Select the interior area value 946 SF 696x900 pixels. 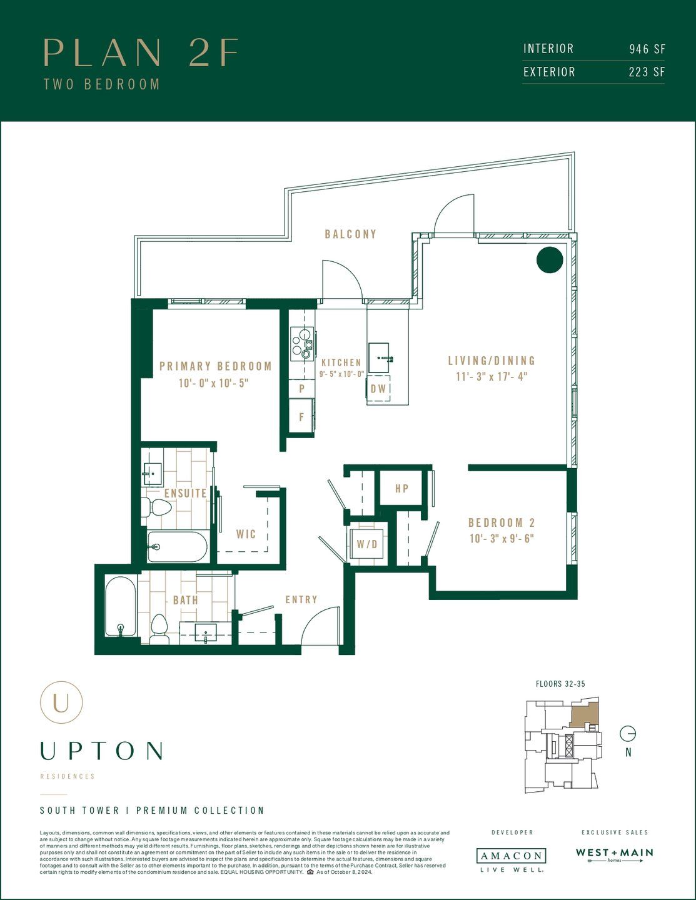pos(647,49)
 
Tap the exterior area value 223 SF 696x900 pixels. pos(647,72)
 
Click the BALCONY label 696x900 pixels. pos(350,234)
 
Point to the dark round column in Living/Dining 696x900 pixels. pos(550,260)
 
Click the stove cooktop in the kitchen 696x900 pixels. pos(301,344)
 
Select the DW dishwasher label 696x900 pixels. pos(379,389)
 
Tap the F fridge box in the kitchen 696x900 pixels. pos(301,417)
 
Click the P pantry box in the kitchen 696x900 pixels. pos(301,388)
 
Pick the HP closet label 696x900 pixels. pos(402,488)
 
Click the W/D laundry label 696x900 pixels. pos(367,544)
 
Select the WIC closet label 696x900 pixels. pos(246,534)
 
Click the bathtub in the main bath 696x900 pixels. pos(121,607)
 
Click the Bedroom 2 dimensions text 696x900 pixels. pos(502,539)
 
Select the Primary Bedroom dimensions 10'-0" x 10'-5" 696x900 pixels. pos(214,382)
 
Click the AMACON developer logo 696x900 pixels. pos(510,856)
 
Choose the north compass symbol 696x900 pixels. pos(628,734)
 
